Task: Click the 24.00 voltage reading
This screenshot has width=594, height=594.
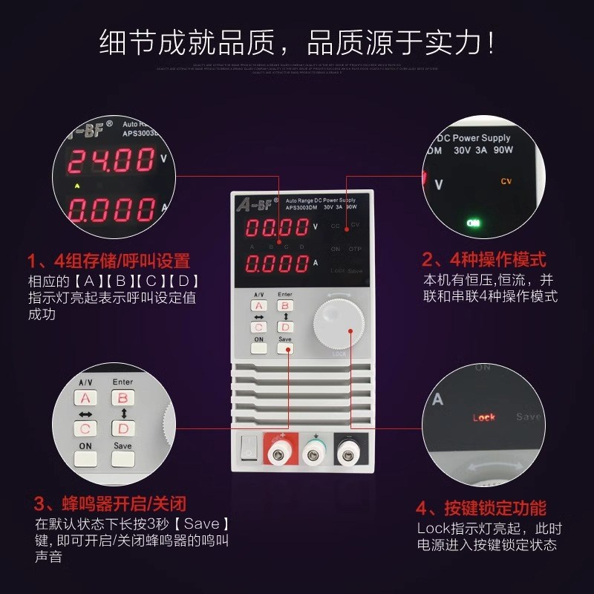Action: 111,160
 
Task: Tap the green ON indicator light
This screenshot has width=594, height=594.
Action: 472,222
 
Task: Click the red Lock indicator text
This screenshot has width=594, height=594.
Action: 484,418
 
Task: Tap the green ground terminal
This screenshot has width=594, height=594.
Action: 316,448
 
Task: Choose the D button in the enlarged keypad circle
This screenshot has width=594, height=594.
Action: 123,428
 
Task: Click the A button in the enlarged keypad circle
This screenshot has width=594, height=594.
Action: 85,398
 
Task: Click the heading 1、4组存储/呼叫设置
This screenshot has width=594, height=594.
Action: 108,261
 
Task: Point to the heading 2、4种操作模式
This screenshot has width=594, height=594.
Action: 483,260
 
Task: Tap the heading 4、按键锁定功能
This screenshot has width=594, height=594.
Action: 481,509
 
